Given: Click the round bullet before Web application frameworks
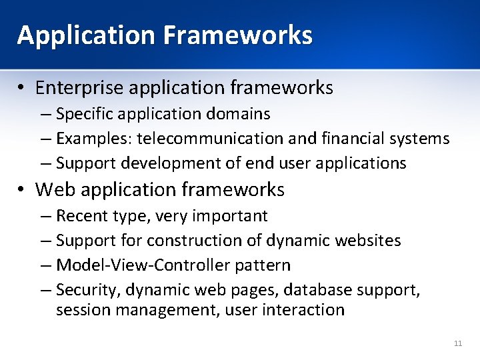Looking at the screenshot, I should [x=23, y=190].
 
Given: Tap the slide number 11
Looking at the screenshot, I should [x=457, y=343].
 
